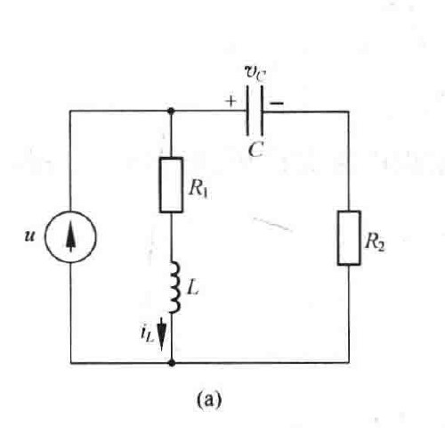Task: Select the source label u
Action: click(x=29, y=235)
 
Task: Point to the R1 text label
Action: click(x=198, y=188)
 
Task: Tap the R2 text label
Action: click(x=375, y=242)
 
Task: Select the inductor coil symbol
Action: click(x=175, y=287)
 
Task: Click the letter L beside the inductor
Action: click(x=193, y=288)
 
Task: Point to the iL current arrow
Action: click(x=161, y=334)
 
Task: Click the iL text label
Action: click(x=148, y=333)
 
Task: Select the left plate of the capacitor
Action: click(x=247, y=111)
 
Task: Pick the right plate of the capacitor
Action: click(x=262, y=111)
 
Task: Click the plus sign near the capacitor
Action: click(x=231, y=102)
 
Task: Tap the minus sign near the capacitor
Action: click(x=277, y=103)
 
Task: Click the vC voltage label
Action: click(x=255, y=73)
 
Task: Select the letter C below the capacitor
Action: click(x=255, y=150)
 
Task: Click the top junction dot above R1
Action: click(x=171, y=111)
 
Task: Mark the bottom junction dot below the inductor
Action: click(x=172, y=363)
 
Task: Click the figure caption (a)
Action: click(x=209, y=399)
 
